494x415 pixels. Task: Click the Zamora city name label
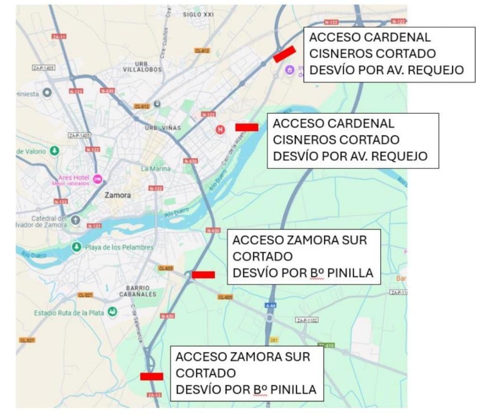118,195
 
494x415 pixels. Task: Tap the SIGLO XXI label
198,14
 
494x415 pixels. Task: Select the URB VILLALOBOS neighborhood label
142,67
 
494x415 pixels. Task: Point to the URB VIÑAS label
163,128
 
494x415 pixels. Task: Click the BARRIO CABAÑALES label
138,291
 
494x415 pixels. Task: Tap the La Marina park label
156,169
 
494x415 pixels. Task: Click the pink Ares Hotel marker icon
98,179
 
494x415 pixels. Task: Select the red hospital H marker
220,129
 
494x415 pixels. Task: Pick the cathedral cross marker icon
76,220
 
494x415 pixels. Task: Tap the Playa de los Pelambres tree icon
76,247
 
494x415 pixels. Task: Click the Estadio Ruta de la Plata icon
112,312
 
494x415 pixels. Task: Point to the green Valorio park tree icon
54,151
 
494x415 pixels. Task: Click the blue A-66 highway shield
270,305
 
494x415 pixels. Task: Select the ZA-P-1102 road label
307,320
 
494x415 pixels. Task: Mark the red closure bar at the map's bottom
151,376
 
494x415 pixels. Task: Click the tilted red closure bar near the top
284,54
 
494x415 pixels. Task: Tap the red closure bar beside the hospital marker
247,127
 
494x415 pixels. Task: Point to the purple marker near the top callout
289,70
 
